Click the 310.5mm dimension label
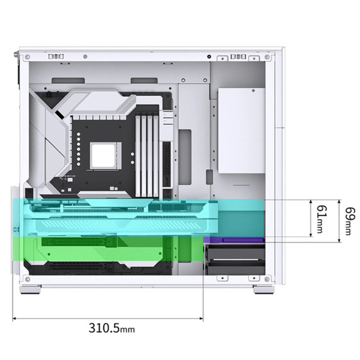point(112,328)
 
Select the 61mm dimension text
point(322,219)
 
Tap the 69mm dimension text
point(350,221)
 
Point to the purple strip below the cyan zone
point(234,239)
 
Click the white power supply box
point(242,130)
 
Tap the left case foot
point(31,289)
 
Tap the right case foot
point(264,289)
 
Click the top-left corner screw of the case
point(28,56)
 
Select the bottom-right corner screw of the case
point(267,279)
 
